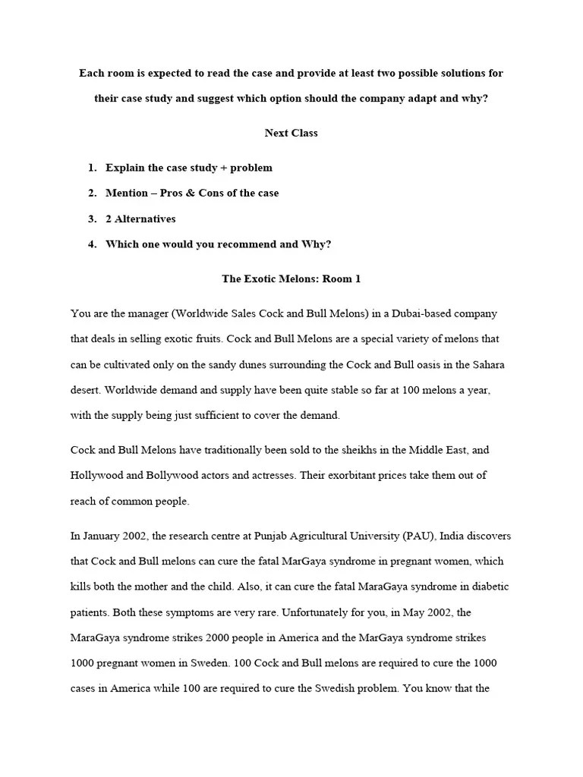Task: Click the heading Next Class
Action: tap(291, 133)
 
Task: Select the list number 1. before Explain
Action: tap(92, 168)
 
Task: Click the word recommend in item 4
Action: tap(242, 244)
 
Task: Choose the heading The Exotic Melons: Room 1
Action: tap(291, 278)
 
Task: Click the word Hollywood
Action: tap(99, 476)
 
